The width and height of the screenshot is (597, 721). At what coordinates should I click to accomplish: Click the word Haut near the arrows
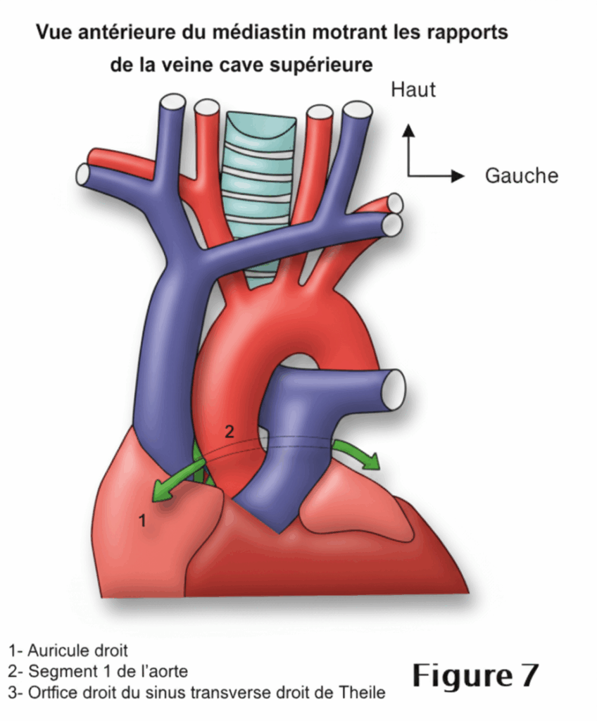coord(413,90)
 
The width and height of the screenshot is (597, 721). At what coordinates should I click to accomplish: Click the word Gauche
coord(521,175)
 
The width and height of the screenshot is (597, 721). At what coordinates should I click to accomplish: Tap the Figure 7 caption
coord(475,675)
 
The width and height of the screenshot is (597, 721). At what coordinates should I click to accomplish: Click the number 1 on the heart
coord(142,521)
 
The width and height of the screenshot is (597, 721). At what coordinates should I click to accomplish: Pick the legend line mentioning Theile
coord(197,693)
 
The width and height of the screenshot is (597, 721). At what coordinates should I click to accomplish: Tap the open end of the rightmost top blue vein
coord(357,111)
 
